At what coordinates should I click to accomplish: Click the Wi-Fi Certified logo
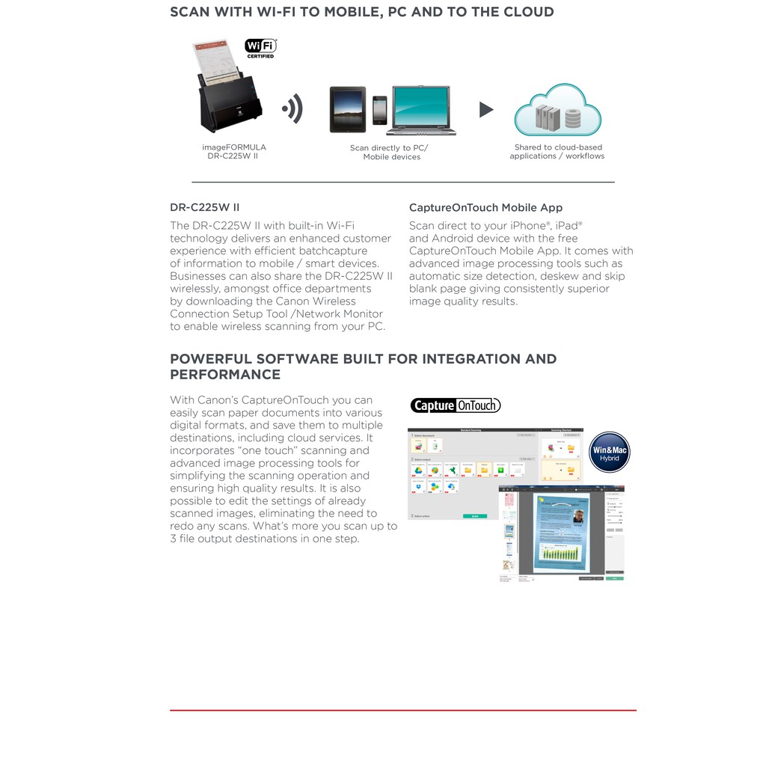[x=261, y=48]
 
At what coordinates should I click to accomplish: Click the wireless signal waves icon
[x=293, y=108]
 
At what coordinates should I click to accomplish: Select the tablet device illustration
[x=348, y=109]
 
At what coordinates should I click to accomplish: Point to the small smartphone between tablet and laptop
[x=379, y=111]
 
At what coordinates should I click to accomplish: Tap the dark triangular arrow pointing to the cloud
[x=486, y=110]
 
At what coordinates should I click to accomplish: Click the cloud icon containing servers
[x=557, y=111]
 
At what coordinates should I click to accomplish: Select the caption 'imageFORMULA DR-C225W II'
[x=233, y=152]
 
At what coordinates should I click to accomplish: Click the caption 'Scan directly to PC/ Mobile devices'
[x=389, y=153]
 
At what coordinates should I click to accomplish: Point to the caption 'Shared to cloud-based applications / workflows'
[x=557, y=152]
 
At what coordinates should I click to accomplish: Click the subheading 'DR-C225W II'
[x=204, y=207]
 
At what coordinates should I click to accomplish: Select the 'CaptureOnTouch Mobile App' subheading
[x=485, y=207]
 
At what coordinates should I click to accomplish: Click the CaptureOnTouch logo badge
[x=456, y=405]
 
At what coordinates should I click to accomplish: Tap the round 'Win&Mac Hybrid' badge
[x=609, y=453]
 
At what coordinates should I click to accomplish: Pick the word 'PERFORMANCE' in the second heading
[x=225, y=375]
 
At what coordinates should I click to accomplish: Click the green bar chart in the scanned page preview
[x=561, y=553]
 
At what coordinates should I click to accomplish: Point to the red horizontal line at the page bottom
[x=403, y=710]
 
